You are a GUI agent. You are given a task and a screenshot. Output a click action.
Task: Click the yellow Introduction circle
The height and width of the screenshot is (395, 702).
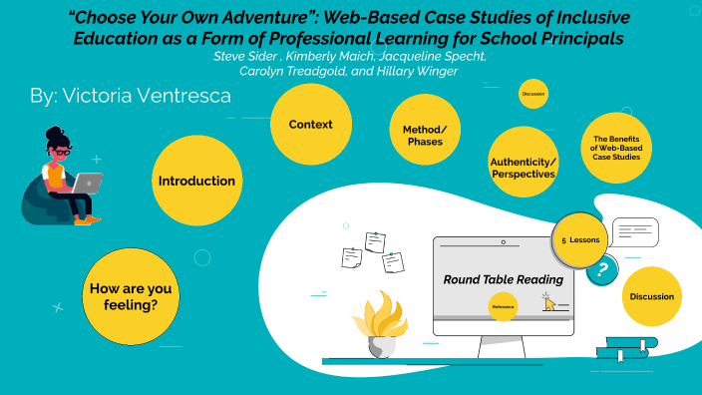196,181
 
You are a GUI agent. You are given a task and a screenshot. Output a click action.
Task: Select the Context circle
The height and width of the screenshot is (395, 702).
310,125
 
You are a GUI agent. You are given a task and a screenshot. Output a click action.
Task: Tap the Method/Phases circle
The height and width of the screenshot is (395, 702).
425,135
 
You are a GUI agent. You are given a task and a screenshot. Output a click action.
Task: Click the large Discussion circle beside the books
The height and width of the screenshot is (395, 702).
652,296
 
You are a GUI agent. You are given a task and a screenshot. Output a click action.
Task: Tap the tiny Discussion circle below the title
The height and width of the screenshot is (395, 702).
533,94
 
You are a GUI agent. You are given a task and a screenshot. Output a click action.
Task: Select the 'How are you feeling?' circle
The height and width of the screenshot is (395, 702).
131,296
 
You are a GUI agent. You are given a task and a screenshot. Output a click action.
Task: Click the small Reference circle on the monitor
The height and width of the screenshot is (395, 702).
504,307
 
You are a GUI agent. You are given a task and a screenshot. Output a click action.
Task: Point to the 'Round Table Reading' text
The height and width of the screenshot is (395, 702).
503,279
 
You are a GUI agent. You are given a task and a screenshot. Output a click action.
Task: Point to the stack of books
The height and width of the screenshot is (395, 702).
621,347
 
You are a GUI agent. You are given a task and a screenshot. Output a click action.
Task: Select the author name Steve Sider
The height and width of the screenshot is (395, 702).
241,57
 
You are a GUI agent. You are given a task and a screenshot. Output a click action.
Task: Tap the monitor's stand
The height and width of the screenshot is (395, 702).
503,345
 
